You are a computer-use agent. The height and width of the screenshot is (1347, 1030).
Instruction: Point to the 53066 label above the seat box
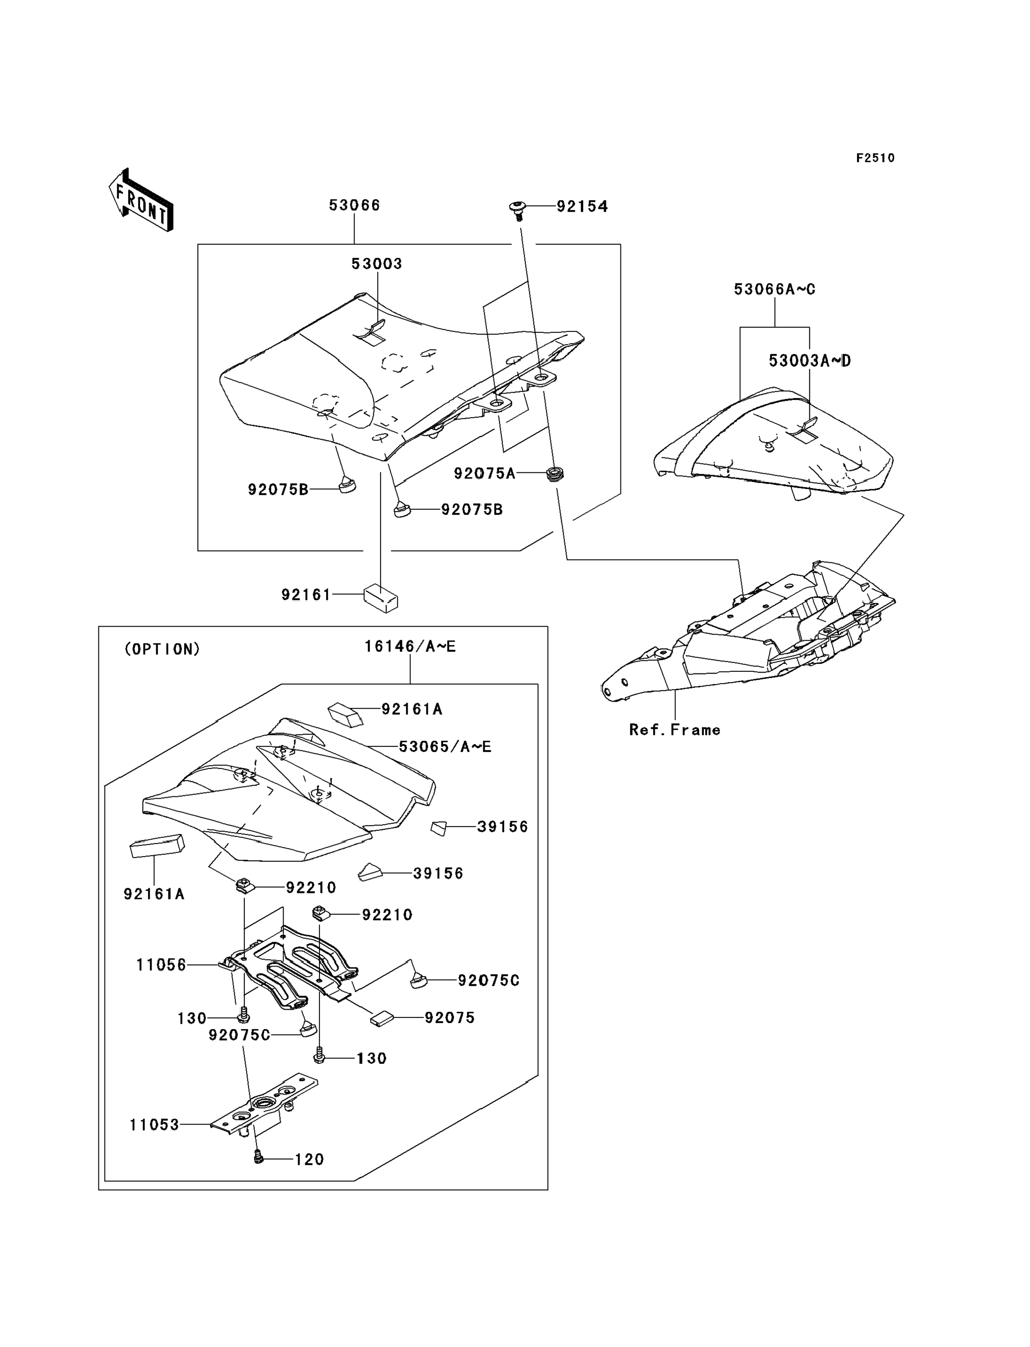pyautogui.click(x=355, y=205)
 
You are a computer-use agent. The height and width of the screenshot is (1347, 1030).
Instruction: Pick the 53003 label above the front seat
pyautogui.click(x=376, y=263)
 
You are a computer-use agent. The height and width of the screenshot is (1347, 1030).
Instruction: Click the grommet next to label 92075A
pyautogui.click(x=555, y=474)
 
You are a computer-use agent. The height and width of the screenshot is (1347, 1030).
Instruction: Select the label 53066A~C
pyautogui.click(x=774, y=289)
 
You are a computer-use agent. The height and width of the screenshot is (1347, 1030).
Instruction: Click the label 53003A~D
pyautogui.click(x=809, y=361)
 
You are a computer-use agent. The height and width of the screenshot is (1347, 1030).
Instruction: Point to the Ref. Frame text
pyautogui.click(x=675, y=730)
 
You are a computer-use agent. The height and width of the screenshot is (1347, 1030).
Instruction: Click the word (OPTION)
pyautogui.click(x=162, y=649)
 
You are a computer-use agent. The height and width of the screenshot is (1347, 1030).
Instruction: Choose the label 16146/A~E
pyautogui.click(x=410, y=647)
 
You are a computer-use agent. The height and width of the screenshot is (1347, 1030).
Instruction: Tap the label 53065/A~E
pyautogui.click(x=445, y=746)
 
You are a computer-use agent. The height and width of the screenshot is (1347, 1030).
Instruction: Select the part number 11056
pyautogui.click(x=160, y=965)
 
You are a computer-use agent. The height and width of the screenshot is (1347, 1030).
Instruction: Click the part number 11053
pyautogui.click(x=154, y=1125)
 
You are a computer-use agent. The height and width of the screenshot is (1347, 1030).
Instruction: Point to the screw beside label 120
pyautogui.click(x=258, y=1158)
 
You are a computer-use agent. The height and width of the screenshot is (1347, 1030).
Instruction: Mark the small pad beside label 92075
pyautogui.click(x=380, y=1018)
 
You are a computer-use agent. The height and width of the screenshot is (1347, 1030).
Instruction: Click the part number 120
pyautogui.click(x=309, y=1160)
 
